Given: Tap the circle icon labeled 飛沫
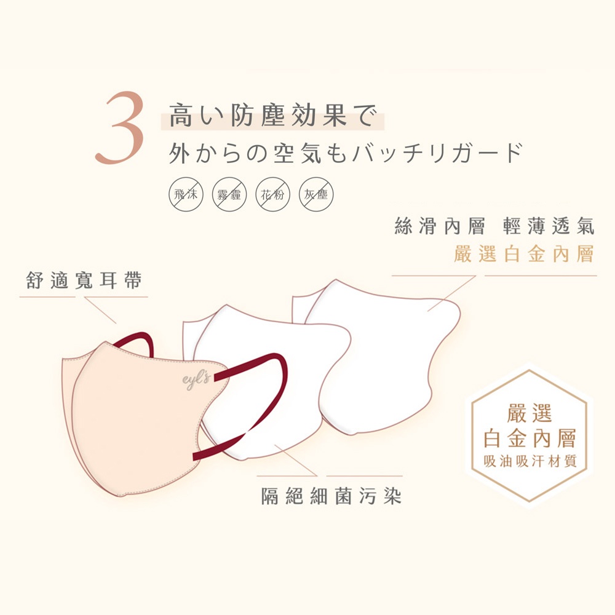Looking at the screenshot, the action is [x=186, y=194].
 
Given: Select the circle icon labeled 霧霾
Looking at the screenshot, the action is [x=229, y=194].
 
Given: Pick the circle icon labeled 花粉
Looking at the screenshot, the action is [x=273, y=194].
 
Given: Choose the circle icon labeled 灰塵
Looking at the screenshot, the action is [x=316, y=194].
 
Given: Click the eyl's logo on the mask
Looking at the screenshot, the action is [x=197, y=379].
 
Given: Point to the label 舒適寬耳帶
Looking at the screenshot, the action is [x=84, y=280].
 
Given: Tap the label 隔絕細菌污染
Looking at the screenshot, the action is [x=331, y=496].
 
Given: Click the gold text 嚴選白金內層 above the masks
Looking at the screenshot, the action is [x=523, y=254].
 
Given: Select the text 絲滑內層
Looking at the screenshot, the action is [x=440, y=226].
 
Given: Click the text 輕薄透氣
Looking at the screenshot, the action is [x=549, y=226].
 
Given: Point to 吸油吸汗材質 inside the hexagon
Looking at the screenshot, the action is [x=530, y=461].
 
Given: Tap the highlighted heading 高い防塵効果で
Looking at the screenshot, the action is [x=273, y=116].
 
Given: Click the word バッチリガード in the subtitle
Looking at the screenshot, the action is [x=438, y=153].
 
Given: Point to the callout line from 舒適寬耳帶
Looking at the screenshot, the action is [x=100, y=310].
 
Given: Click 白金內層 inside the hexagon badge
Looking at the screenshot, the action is [x=530, y=438].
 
